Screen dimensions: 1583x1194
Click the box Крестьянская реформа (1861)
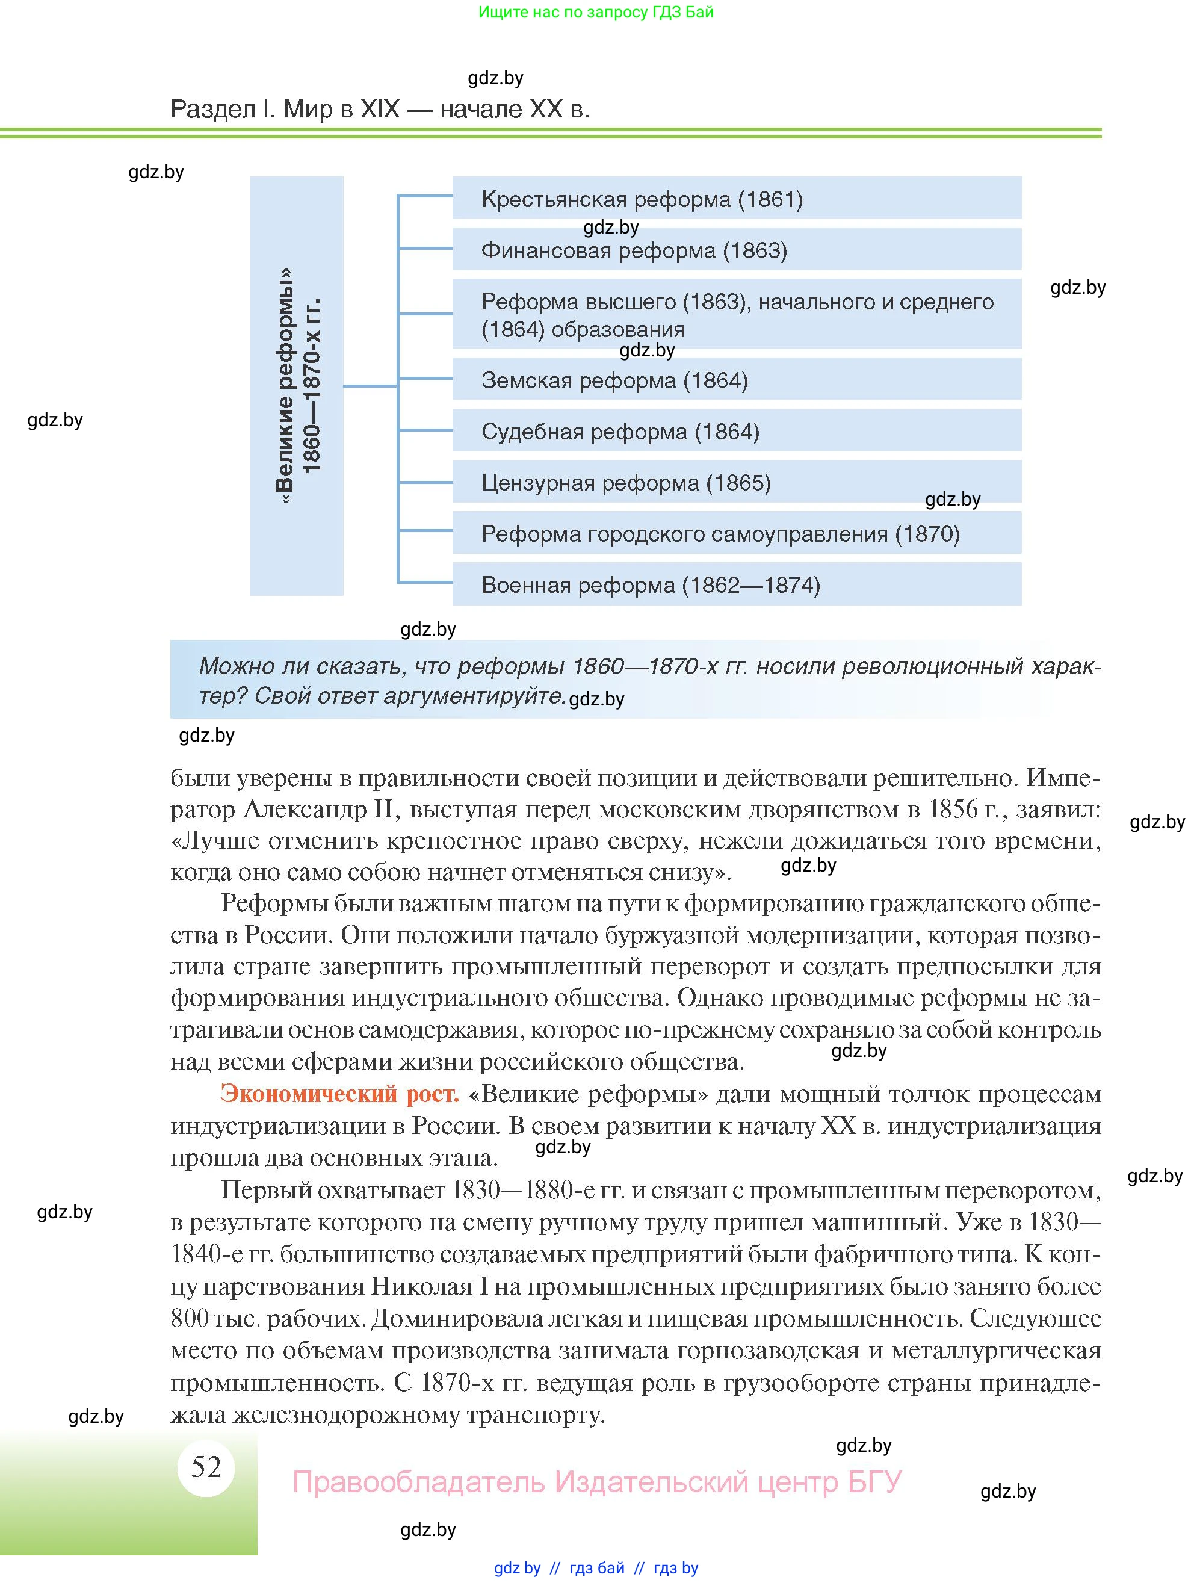tap(736, 198)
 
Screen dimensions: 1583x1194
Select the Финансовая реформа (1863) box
tap(736, 250)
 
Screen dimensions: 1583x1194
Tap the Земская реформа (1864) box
tap(736, 380)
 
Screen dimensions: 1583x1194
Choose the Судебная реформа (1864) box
tap(736, 431)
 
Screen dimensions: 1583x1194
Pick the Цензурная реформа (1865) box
tap(736, 482)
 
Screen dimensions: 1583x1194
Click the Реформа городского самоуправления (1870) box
tap(736, 533)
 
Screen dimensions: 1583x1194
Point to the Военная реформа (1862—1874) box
tap(736, 584)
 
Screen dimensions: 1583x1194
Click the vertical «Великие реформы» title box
tap(297, 386)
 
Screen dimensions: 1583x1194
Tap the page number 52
tap(206, 1467)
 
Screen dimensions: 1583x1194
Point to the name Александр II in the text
tap(318, 810)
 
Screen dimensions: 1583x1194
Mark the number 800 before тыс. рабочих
tap(190, 1318)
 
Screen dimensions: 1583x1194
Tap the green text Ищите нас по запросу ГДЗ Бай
tap(596, 12)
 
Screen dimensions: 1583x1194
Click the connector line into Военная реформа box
tap(425, 582)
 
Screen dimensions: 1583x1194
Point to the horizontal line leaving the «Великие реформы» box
tap(370, 386)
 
